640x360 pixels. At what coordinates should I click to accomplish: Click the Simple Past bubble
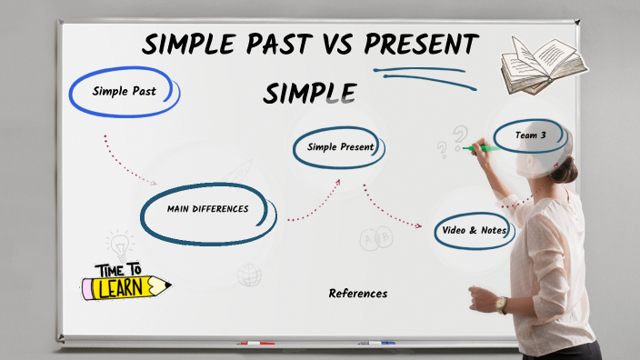125,91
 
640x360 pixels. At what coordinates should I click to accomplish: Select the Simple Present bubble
340,147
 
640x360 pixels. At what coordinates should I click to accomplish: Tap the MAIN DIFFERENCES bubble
208,209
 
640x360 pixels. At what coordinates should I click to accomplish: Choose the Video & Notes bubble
474,230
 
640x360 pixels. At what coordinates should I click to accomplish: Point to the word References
357,294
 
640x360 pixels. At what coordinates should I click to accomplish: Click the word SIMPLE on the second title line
309,92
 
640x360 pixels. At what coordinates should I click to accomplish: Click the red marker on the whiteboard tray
255,344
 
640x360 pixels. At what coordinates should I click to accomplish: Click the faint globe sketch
249,274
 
